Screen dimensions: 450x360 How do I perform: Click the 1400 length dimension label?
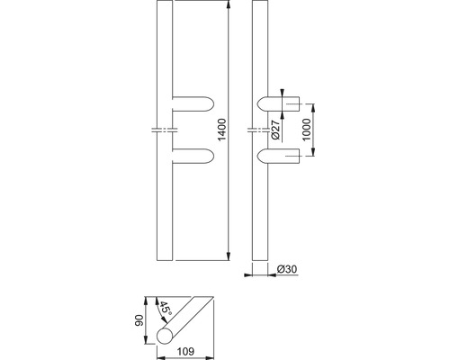click(x=222, y=130)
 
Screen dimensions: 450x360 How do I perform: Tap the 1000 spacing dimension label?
click(x=306, y=130)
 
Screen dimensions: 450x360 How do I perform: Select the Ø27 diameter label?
click(x=275, y=130)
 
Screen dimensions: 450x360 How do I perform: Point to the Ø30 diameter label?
click(x=287, y=269)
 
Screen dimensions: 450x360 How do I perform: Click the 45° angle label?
click(x=165, y=309)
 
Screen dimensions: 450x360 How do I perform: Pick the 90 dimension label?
click(x=139, y=320)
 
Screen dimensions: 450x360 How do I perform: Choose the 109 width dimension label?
click(x=185, y=351)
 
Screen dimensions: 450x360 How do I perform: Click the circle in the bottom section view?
click(x=165, y=336)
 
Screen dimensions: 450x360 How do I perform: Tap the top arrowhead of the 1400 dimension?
click(x=229, y=5)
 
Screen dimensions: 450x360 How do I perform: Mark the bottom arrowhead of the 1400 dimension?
click(x=229, y=256)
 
